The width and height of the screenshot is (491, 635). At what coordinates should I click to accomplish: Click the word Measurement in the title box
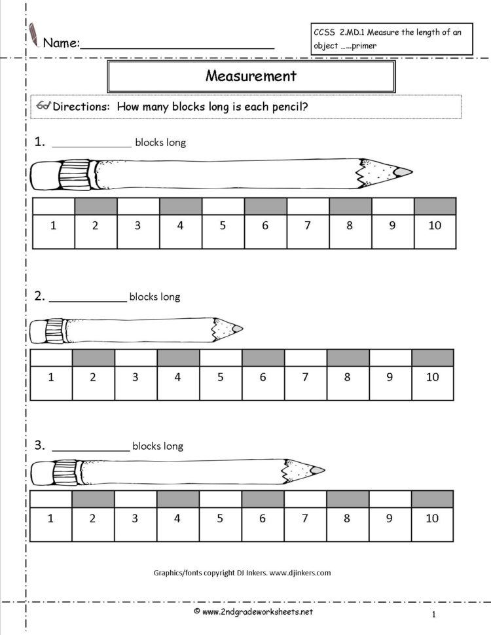251,76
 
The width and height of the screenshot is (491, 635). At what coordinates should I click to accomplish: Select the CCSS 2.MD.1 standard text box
391,39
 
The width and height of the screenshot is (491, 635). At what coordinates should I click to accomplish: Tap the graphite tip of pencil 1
405,172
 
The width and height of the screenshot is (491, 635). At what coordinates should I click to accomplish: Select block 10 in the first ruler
435,226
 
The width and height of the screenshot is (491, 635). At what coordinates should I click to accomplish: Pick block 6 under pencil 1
265,226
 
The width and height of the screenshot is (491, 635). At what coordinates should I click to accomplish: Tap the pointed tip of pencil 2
236,328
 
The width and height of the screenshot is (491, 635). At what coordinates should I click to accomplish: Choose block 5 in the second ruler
220,377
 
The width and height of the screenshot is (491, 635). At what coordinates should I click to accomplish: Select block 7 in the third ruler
304,518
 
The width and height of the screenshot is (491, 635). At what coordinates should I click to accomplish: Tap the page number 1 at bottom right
434,614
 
